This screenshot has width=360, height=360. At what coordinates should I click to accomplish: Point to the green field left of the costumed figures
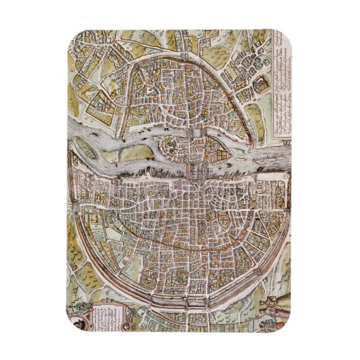[245, 299]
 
